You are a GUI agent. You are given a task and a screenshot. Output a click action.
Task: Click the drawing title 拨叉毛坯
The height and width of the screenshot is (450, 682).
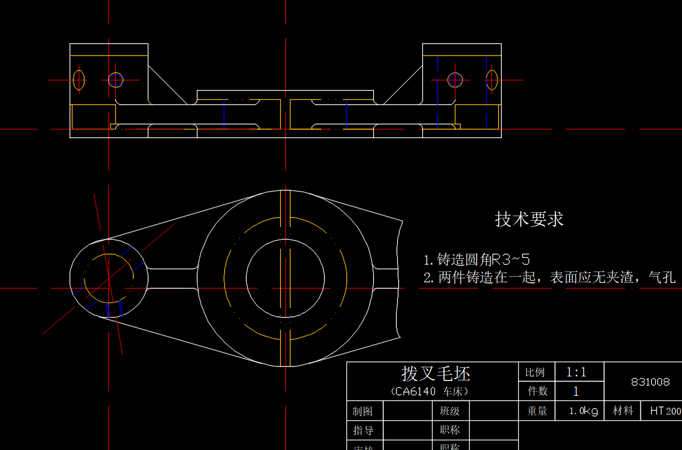click(435, 374)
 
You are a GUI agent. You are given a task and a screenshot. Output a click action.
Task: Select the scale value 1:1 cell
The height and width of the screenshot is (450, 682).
click(576, 372)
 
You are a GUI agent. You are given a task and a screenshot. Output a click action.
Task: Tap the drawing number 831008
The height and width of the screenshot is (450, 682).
click(650, 382)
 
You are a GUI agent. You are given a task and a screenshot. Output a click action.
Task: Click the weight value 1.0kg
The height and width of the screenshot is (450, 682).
click(583, 411)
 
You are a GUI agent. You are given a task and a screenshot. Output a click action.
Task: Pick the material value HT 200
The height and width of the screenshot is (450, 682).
click(665, 411)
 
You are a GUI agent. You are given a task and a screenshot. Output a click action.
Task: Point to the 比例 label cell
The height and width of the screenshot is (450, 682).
click(535, 372)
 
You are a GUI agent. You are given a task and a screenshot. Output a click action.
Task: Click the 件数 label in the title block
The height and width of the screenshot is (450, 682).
click(537, 391)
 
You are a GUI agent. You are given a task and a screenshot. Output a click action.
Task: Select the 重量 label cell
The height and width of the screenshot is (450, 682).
click(537, 411)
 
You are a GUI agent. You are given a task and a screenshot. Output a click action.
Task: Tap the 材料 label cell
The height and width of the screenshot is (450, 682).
click(623, 411)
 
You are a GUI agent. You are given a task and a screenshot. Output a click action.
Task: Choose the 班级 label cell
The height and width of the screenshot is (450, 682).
click(450, 411)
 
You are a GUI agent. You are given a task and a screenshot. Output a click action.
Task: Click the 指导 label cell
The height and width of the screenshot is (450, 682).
click(363, 430)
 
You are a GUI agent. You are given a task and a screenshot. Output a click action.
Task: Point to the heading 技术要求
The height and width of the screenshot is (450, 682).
click(529, 220)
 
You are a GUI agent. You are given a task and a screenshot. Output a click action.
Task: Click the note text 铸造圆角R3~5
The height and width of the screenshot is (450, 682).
click(479, 260)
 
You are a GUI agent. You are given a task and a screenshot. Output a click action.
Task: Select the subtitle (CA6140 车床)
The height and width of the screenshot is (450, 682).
click(430, 392)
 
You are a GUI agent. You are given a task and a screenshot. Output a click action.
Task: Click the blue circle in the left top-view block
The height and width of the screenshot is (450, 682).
click(116, 80)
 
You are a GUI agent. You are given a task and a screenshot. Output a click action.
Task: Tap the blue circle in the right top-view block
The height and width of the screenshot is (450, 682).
click(455, 80)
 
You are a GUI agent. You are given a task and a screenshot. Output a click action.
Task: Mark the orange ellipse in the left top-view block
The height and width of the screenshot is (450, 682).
click(79, 80)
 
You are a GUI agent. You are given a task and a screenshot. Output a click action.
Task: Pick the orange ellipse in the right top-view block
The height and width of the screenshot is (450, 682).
click(492, 80)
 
